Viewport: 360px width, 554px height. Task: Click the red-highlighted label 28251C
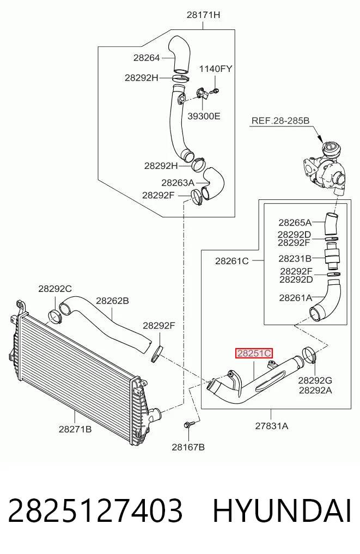pos(254,354)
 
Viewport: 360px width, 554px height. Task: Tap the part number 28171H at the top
pos(203,15)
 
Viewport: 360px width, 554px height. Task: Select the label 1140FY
pos(216,69)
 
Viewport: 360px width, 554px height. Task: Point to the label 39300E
pos(204,116)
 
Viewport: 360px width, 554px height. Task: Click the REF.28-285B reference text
pos(280,120)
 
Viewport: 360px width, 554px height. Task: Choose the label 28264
pos(147,58)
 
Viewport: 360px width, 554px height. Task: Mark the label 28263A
pos(178,182)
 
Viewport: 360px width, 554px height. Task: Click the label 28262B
pos(112,301)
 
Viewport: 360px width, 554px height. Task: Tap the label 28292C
pos(55,289)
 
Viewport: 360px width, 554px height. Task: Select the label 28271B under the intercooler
pos(75,429)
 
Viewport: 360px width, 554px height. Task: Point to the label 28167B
pos(188,447)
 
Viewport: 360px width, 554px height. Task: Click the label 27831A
pos(272,426)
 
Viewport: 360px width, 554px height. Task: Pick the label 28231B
pos(295,259)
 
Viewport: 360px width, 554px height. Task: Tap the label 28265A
pos(295,223)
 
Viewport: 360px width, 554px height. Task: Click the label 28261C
pos(232,261)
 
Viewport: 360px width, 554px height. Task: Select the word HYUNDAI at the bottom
pos(282,511)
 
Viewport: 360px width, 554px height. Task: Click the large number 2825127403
pos(95,511)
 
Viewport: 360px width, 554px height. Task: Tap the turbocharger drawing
pos(324,168)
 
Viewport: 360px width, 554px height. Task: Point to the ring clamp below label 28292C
pos(55,316)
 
